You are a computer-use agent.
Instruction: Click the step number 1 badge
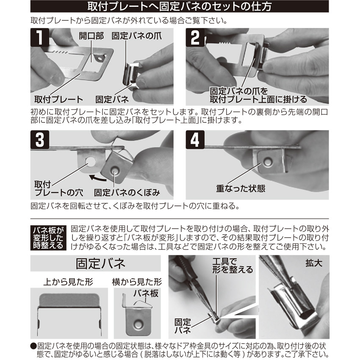click(x=40, y=37)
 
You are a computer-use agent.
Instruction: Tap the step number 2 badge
click(x=195, y=37)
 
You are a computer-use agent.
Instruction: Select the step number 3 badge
click(x=40, y=140)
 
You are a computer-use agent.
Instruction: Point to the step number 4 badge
click(x=195, y=140)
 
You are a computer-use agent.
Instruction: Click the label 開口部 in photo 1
click(x=91, y=36)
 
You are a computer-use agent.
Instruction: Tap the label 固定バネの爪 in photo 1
click(x=137, y=36)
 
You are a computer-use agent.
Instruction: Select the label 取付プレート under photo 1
click(x=59, y=100)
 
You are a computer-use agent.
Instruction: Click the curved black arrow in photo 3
click(x=97, y=178)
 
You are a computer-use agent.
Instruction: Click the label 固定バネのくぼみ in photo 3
click(x=127, y=193)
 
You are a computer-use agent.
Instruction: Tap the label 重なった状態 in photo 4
click(x=241, y=188)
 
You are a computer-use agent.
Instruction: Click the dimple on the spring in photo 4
click(x=267, y=162)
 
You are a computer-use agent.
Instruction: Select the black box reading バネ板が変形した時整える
click(x=48, y=238)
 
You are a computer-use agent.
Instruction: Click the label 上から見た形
click(x=68, y=282)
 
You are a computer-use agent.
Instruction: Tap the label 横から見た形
click(x=137, y=282)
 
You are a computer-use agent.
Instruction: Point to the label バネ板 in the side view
click(x=146, y=293)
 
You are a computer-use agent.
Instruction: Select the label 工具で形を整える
click(x=233, y=265)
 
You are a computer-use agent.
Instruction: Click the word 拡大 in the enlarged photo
click(x=314, y=263)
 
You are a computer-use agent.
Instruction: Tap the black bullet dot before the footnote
click(x=33, y=346)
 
